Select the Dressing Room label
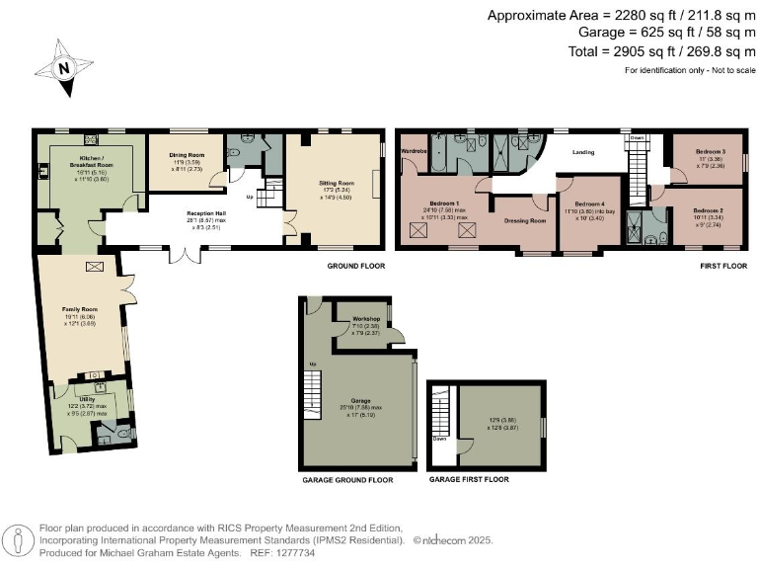click(526, 221)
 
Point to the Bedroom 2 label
click(708, 211)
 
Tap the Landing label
click(582, 153)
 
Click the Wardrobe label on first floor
click(413, 151)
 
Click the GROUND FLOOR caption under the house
click(356, 267)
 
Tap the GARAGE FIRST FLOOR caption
click(470, 479)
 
